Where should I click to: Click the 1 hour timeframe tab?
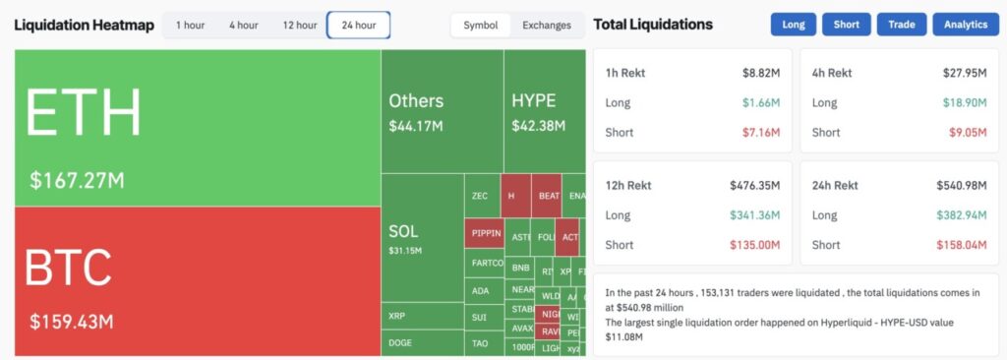[190, 25]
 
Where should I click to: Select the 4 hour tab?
[243, 25]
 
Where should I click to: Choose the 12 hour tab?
[300, 25]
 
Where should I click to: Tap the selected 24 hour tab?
[358, 25]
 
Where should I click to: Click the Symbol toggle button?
[480, 25]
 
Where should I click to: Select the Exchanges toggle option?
[547, 25]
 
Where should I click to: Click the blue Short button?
[846, 25]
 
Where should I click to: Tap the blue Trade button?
[901, 25]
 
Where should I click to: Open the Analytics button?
[965, 25]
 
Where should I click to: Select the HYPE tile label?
[534, 100]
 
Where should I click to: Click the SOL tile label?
[403, 231]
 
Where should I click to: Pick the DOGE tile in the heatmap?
[401, 342]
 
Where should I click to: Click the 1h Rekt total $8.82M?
[761, 73]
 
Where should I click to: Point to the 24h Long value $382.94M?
[962, 214]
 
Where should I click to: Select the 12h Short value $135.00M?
[754, 245]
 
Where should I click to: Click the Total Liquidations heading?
[653, 25]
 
